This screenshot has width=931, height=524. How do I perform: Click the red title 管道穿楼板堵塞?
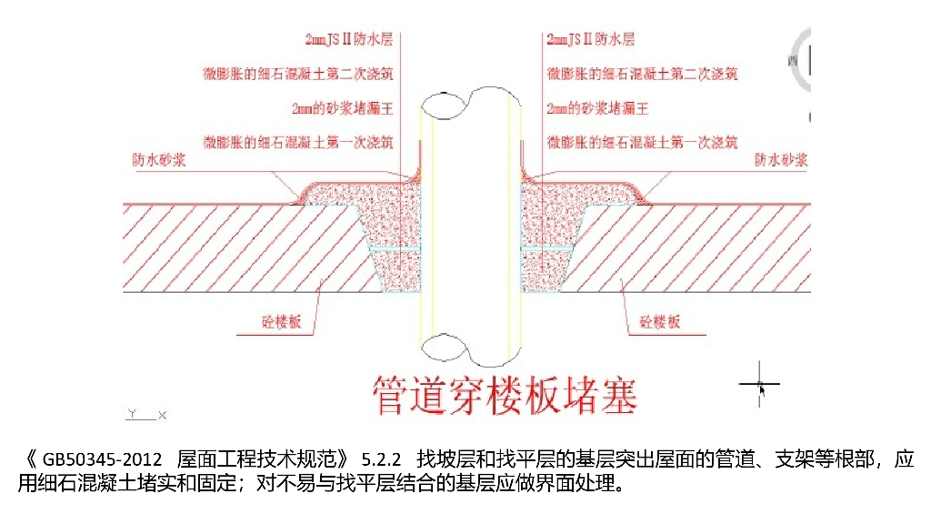(x=506, y=395)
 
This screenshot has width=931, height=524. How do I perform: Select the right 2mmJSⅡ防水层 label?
(x=590, y=39)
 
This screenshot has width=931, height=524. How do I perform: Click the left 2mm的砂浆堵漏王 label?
(x=343, y=108)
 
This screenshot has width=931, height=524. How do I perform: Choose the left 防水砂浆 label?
(x=155, y=161)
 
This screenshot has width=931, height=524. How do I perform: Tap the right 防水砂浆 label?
(x=781, y=161)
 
